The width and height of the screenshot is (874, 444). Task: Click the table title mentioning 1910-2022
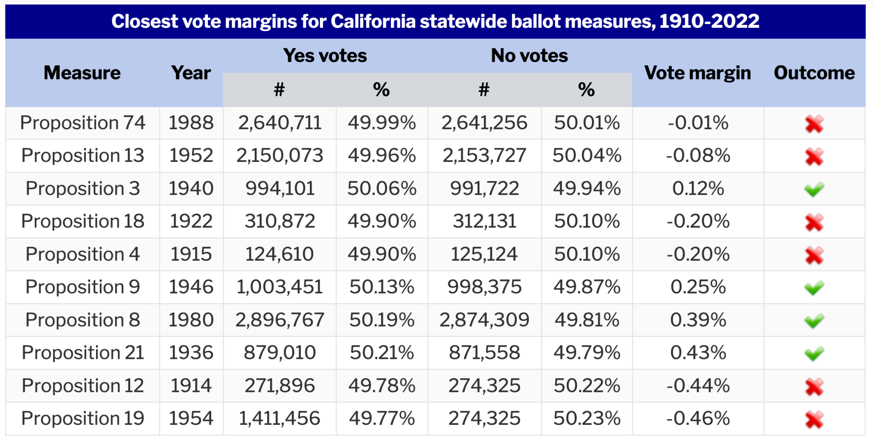[435, 21]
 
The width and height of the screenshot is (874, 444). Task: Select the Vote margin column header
[697, 73]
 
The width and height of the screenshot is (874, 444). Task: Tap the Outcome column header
[814, 73]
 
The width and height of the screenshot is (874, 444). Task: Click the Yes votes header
[325, 56]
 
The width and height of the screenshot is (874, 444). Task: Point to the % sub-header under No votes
[586, 90]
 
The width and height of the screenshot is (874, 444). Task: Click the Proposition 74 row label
[83, 123]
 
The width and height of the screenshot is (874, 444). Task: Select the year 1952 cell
[191, 156]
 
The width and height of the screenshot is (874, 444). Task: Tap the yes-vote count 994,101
[280, 188]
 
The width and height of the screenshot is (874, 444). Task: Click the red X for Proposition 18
[814, 222]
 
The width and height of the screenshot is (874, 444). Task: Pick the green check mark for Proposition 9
[814, 288]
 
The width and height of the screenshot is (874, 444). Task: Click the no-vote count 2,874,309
[484, 320]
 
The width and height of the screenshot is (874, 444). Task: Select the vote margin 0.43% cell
[698, 353]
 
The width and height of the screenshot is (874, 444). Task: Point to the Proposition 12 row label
[83, 386]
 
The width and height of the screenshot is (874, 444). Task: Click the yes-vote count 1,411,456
[280, 418]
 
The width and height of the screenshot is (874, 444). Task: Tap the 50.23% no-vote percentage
[587, 418]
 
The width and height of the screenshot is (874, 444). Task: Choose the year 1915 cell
[191, 254]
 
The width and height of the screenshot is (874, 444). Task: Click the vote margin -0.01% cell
[698, 123]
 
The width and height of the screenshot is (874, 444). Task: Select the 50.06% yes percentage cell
[382, 188]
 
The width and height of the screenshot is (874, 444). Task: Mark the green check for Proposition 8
[814, 321]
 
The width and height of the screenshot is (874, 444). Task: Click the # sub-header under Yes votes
[279, 90]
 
